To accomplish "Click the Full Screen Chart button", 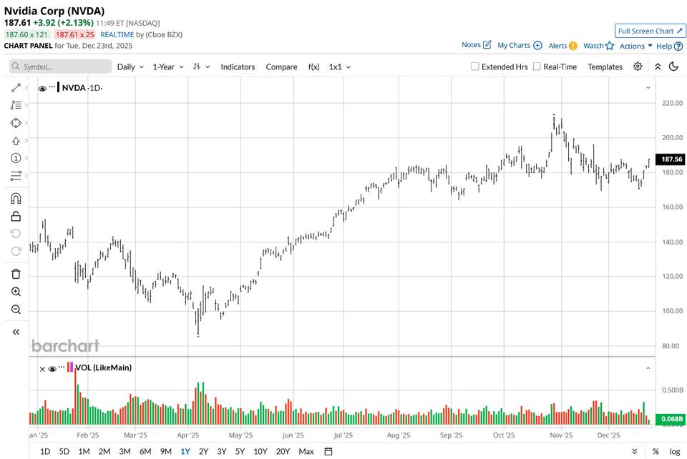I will click(651, 31).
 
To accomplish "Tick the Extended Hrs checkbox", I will click(475, 66).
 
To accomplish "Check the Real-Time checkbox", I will click(537, 66).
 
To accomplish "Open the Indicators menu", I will click(238, 66).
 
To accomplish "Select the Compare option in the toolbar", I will click(281, 66).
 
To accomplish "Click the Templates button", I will click(605, 66).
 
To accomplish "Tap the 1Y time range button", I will click(185, 451).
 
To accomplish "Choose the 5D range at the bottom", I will click(64, 451).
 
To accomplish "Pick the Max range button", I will click(306, 451).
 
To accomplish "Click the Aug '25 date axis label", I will click(398, 435).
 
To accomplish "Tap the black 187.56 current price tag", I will click(671, 159).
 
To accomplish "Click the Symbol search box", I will click(61, 66).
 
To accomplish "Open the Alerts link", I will click(562, 45).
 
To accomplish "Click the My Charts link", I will click(519, 45).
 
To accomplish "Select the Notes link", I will click(476, 45).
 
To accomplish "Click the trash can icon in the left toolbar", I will click(16, 274).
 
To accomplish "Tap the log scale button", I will click(674, 451).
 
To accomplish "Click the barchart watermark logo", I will click(65, 346).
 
